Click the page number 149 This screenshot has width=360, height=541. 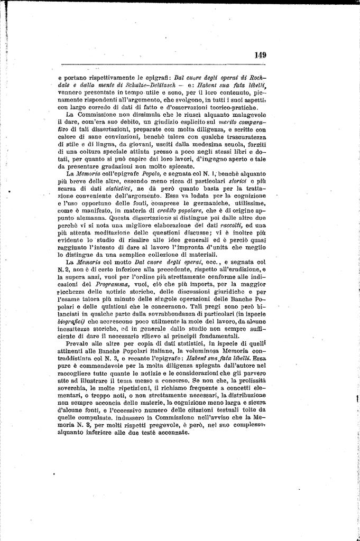click(x=260, y=54)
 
